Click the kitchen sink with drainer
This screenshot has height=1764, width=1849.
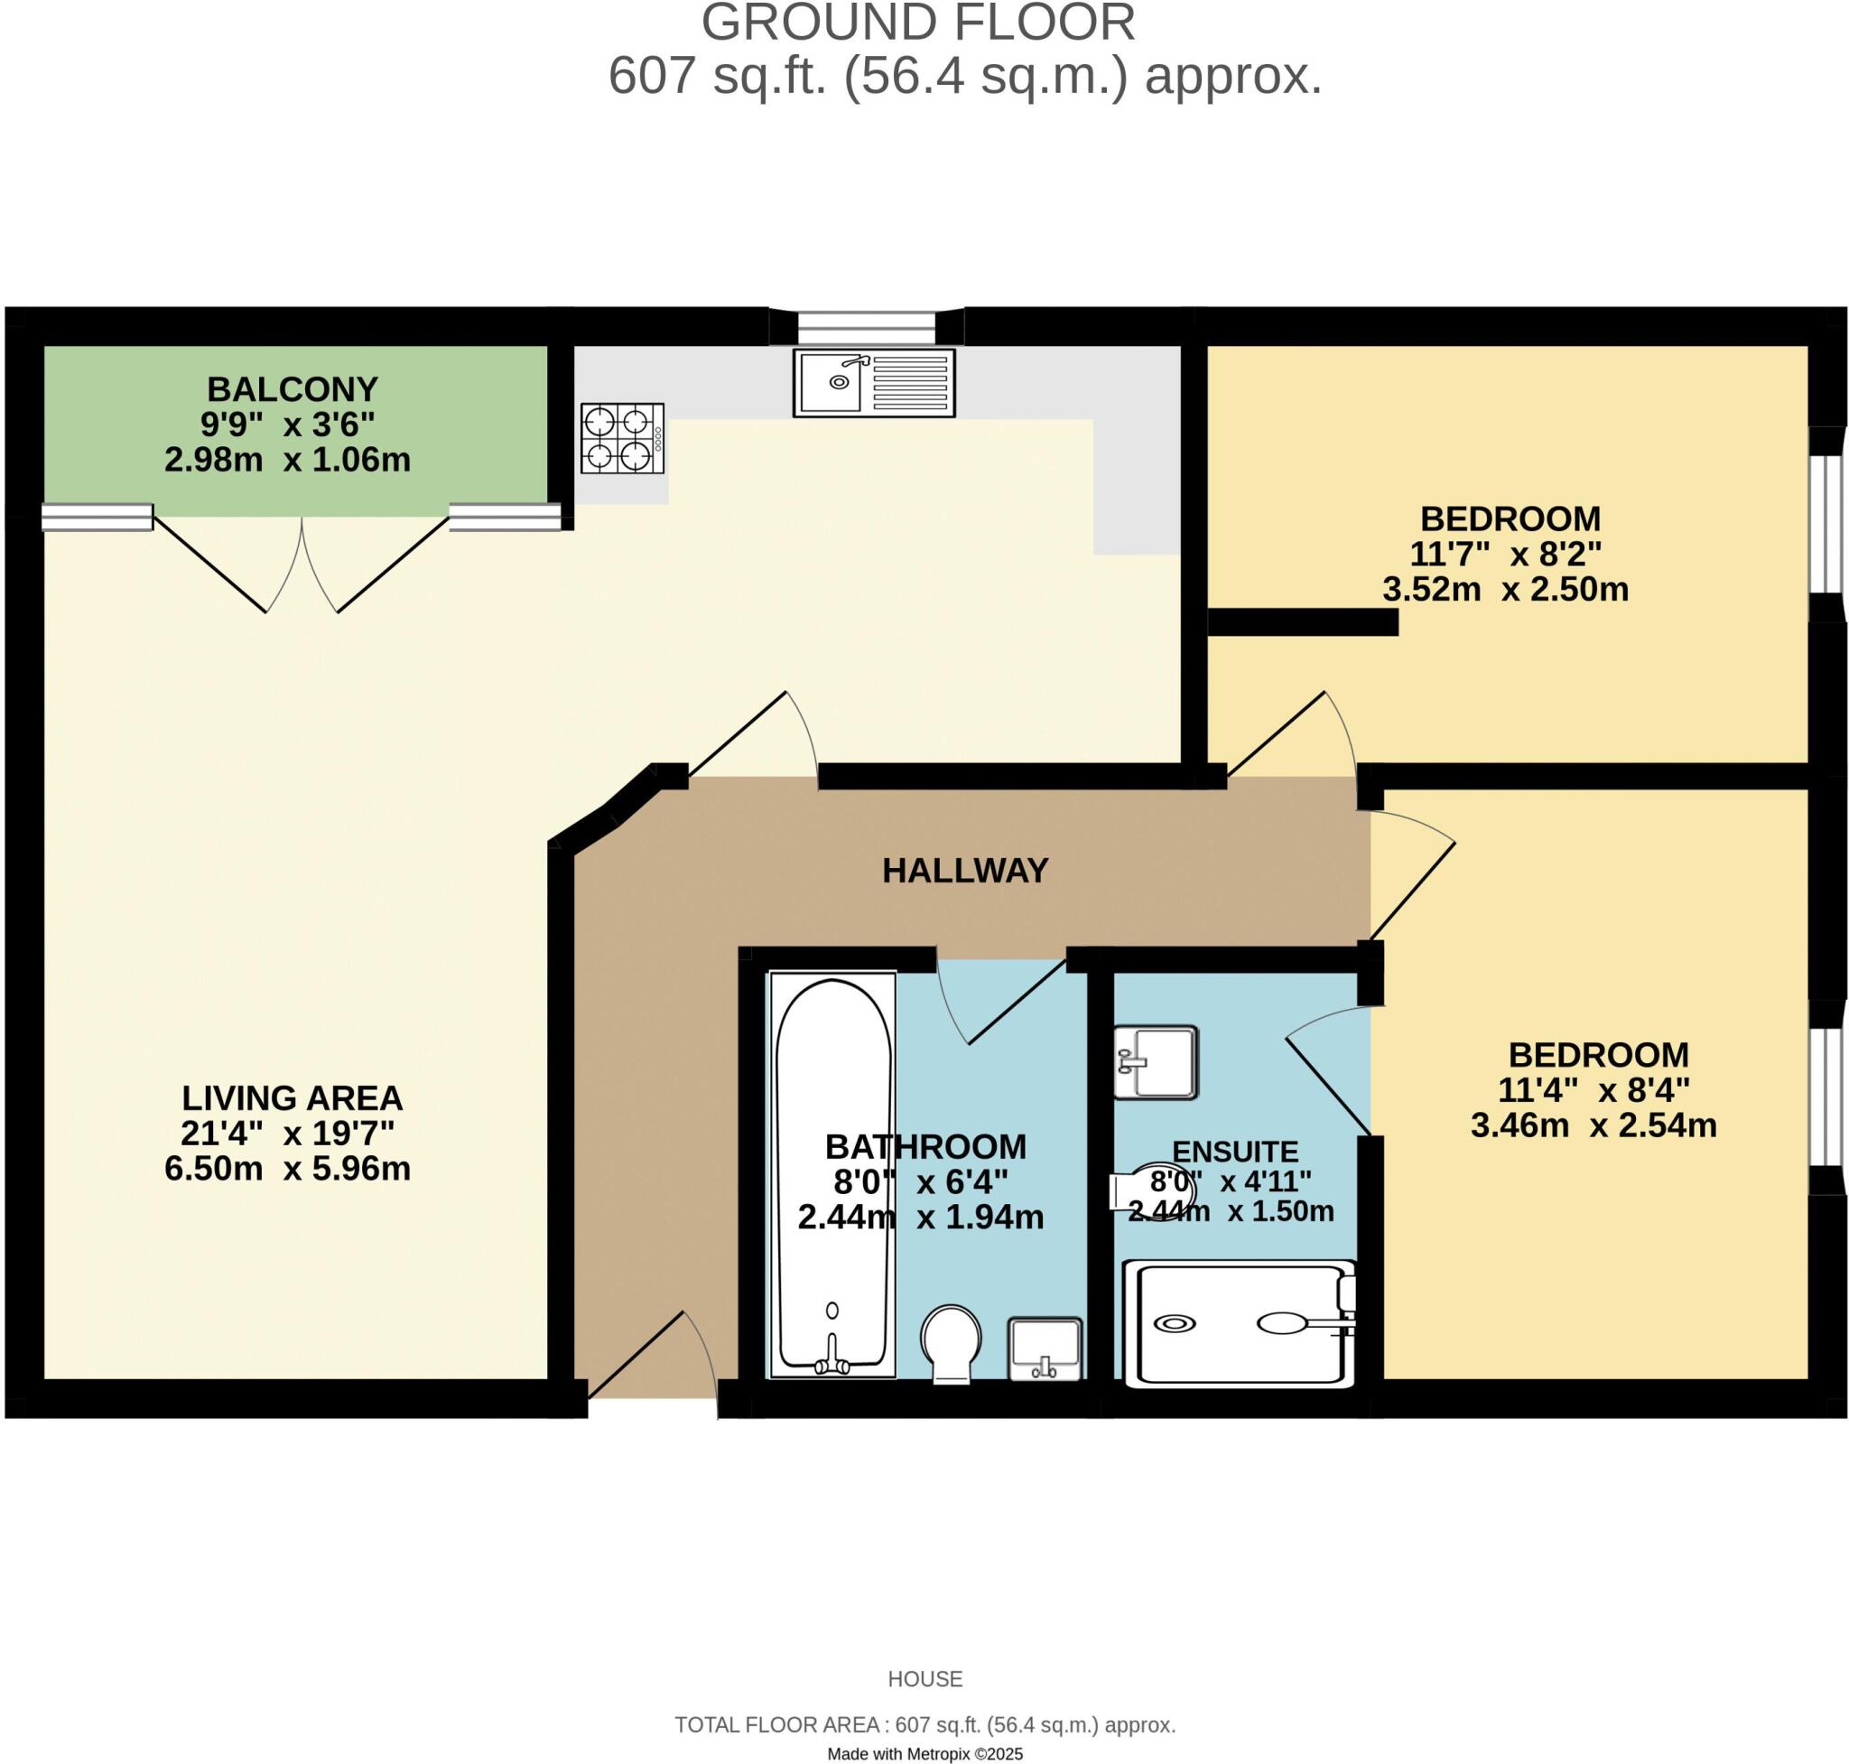click(x=873, y=382)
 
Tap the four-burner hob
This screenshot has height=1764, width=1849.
click(x=621, y=438)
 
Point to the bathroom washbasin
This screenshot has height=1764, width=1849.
click(x=1045, y=1349)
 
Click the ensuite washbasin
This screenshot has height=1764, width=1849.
click(x=1155, y=1061)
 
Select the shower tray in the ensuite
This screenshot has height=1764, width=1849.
click(x=1239, y=1324)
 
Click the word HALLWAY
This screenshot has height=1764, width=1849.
click(x=964, y=871)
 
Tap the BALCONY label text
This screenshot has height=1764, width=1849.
click(x=293, y=388)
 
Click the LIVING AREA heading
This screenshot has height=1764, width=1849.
click(x=292, y=1097)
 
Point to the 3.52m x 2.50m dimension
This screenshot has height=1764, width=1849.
click(x=1505, y=590)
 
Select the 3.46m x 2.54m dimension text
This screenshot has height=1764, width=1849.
click(x=1593, y=1125)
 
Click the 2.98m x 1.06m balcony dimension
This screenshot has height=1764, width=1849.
click(x=287, y=460)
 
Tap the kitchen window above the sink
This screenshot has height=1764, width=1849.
click(x=866, y=327)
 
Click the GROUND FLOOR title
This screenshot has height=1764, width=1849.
click(x=917, y=23)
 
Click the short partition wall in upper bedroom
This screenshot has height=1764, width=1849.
click(x=1302, y=622)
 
